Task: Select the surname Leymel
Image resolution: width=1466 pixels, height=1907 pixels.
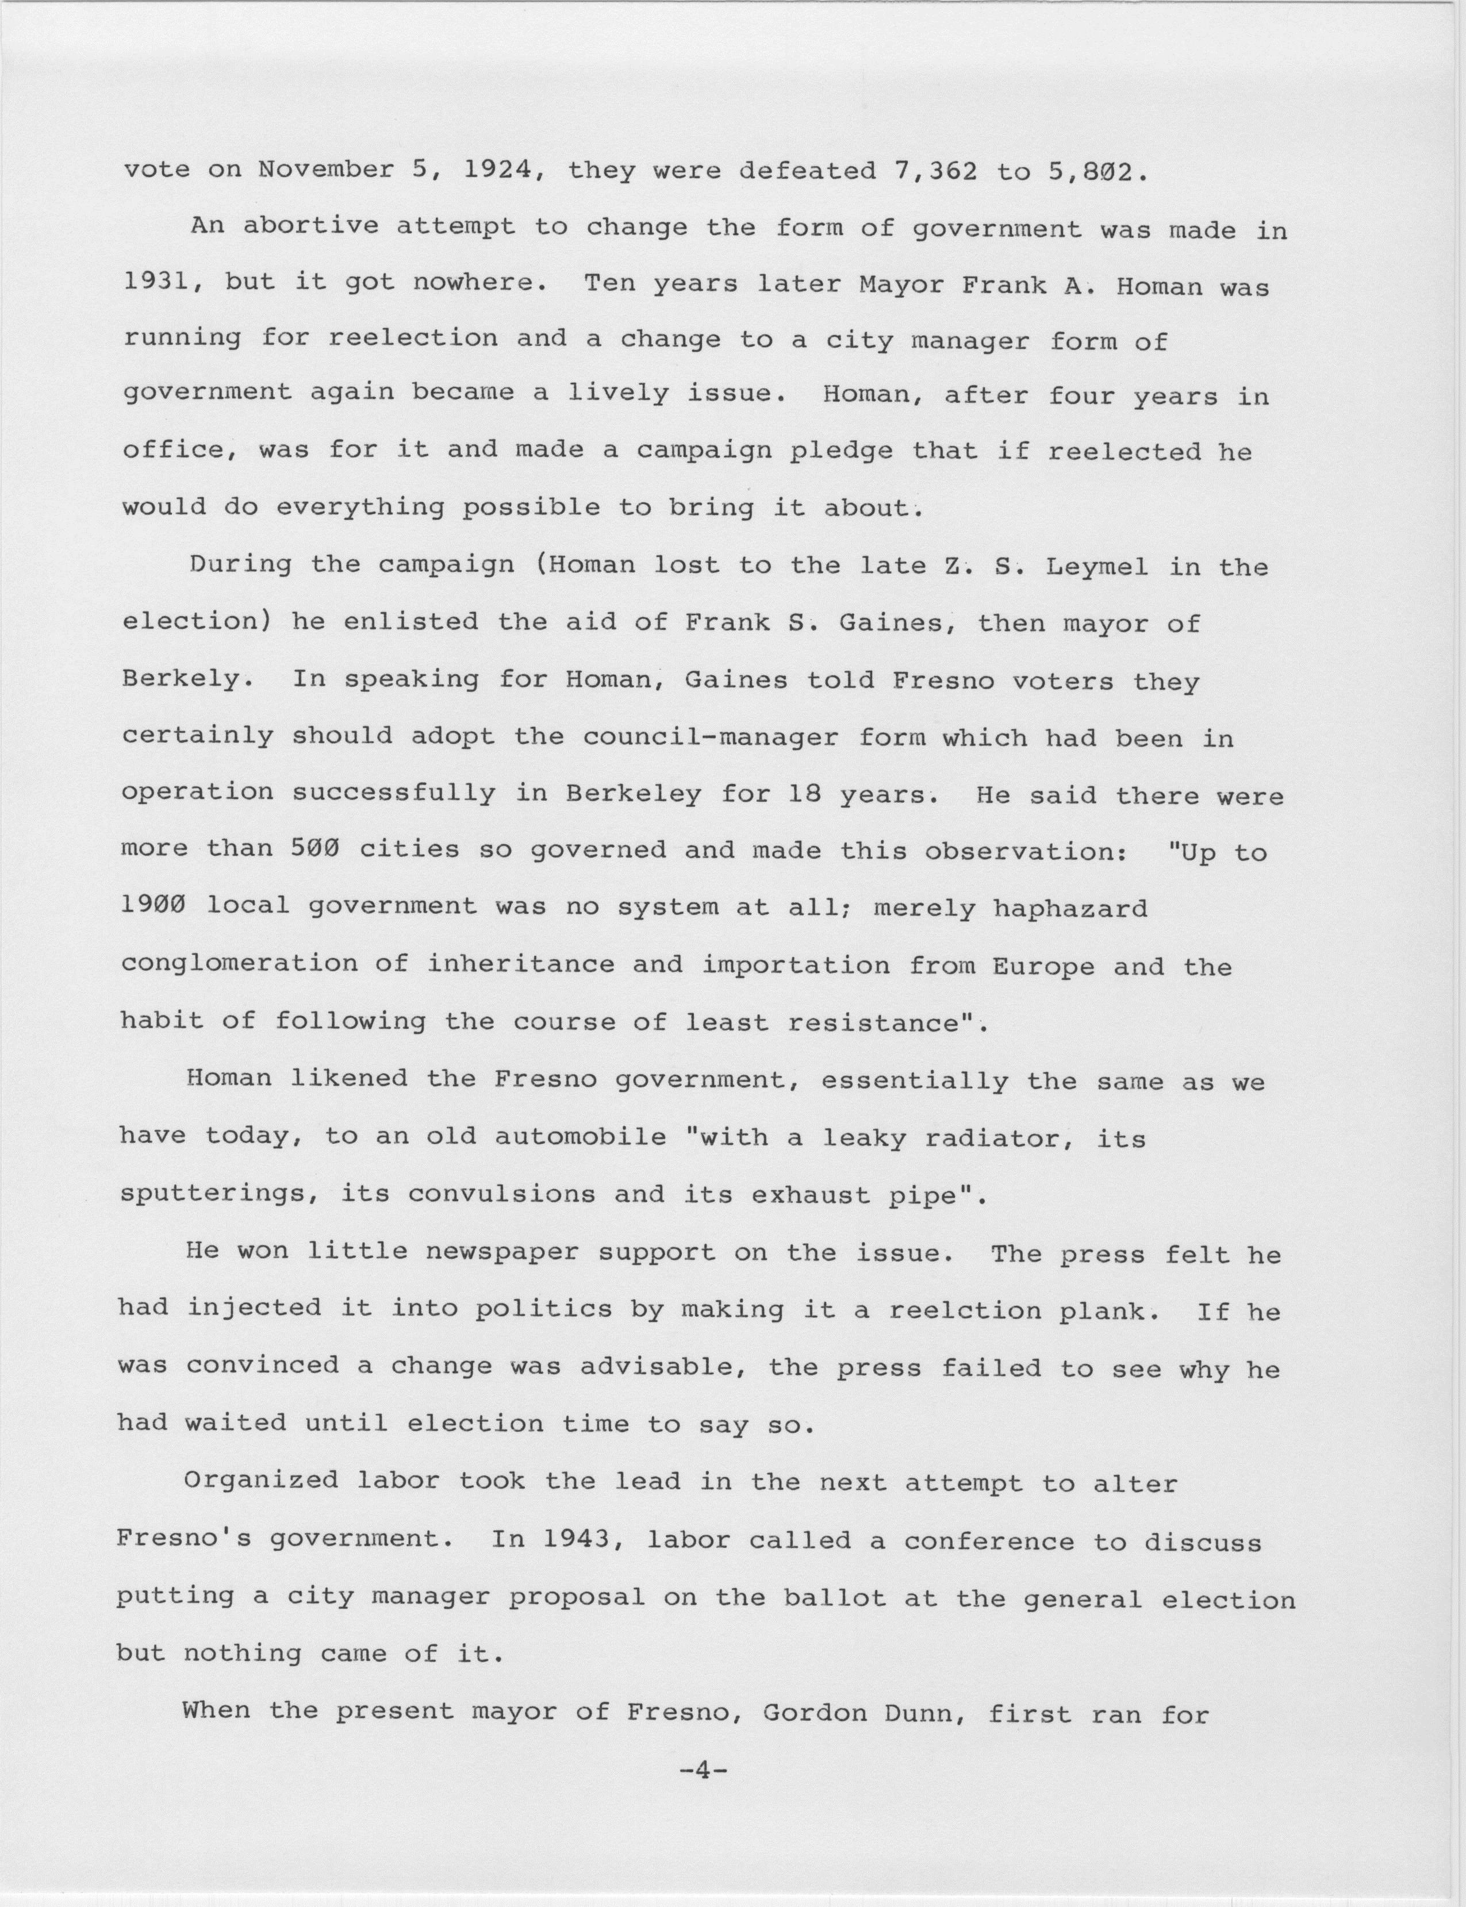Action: point(1096,568)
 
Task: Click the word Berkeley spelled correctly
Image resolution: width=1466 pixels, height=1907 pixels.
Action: point(634,794)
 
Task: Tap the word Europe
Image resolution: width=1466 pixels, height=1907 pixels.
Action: point(1043,966)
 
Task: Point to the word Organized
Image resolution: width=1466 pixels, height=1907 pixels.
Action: point(261,1481)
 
